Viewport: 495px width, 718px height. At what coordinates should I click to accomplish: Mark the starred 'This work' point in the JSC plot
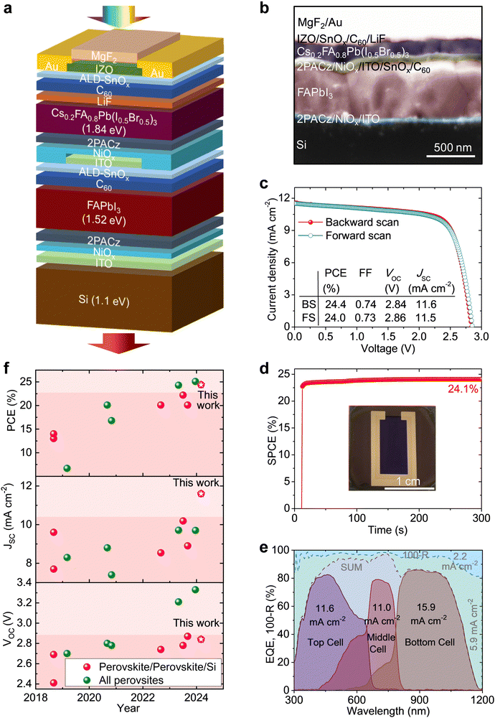[x=201, y=494]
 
